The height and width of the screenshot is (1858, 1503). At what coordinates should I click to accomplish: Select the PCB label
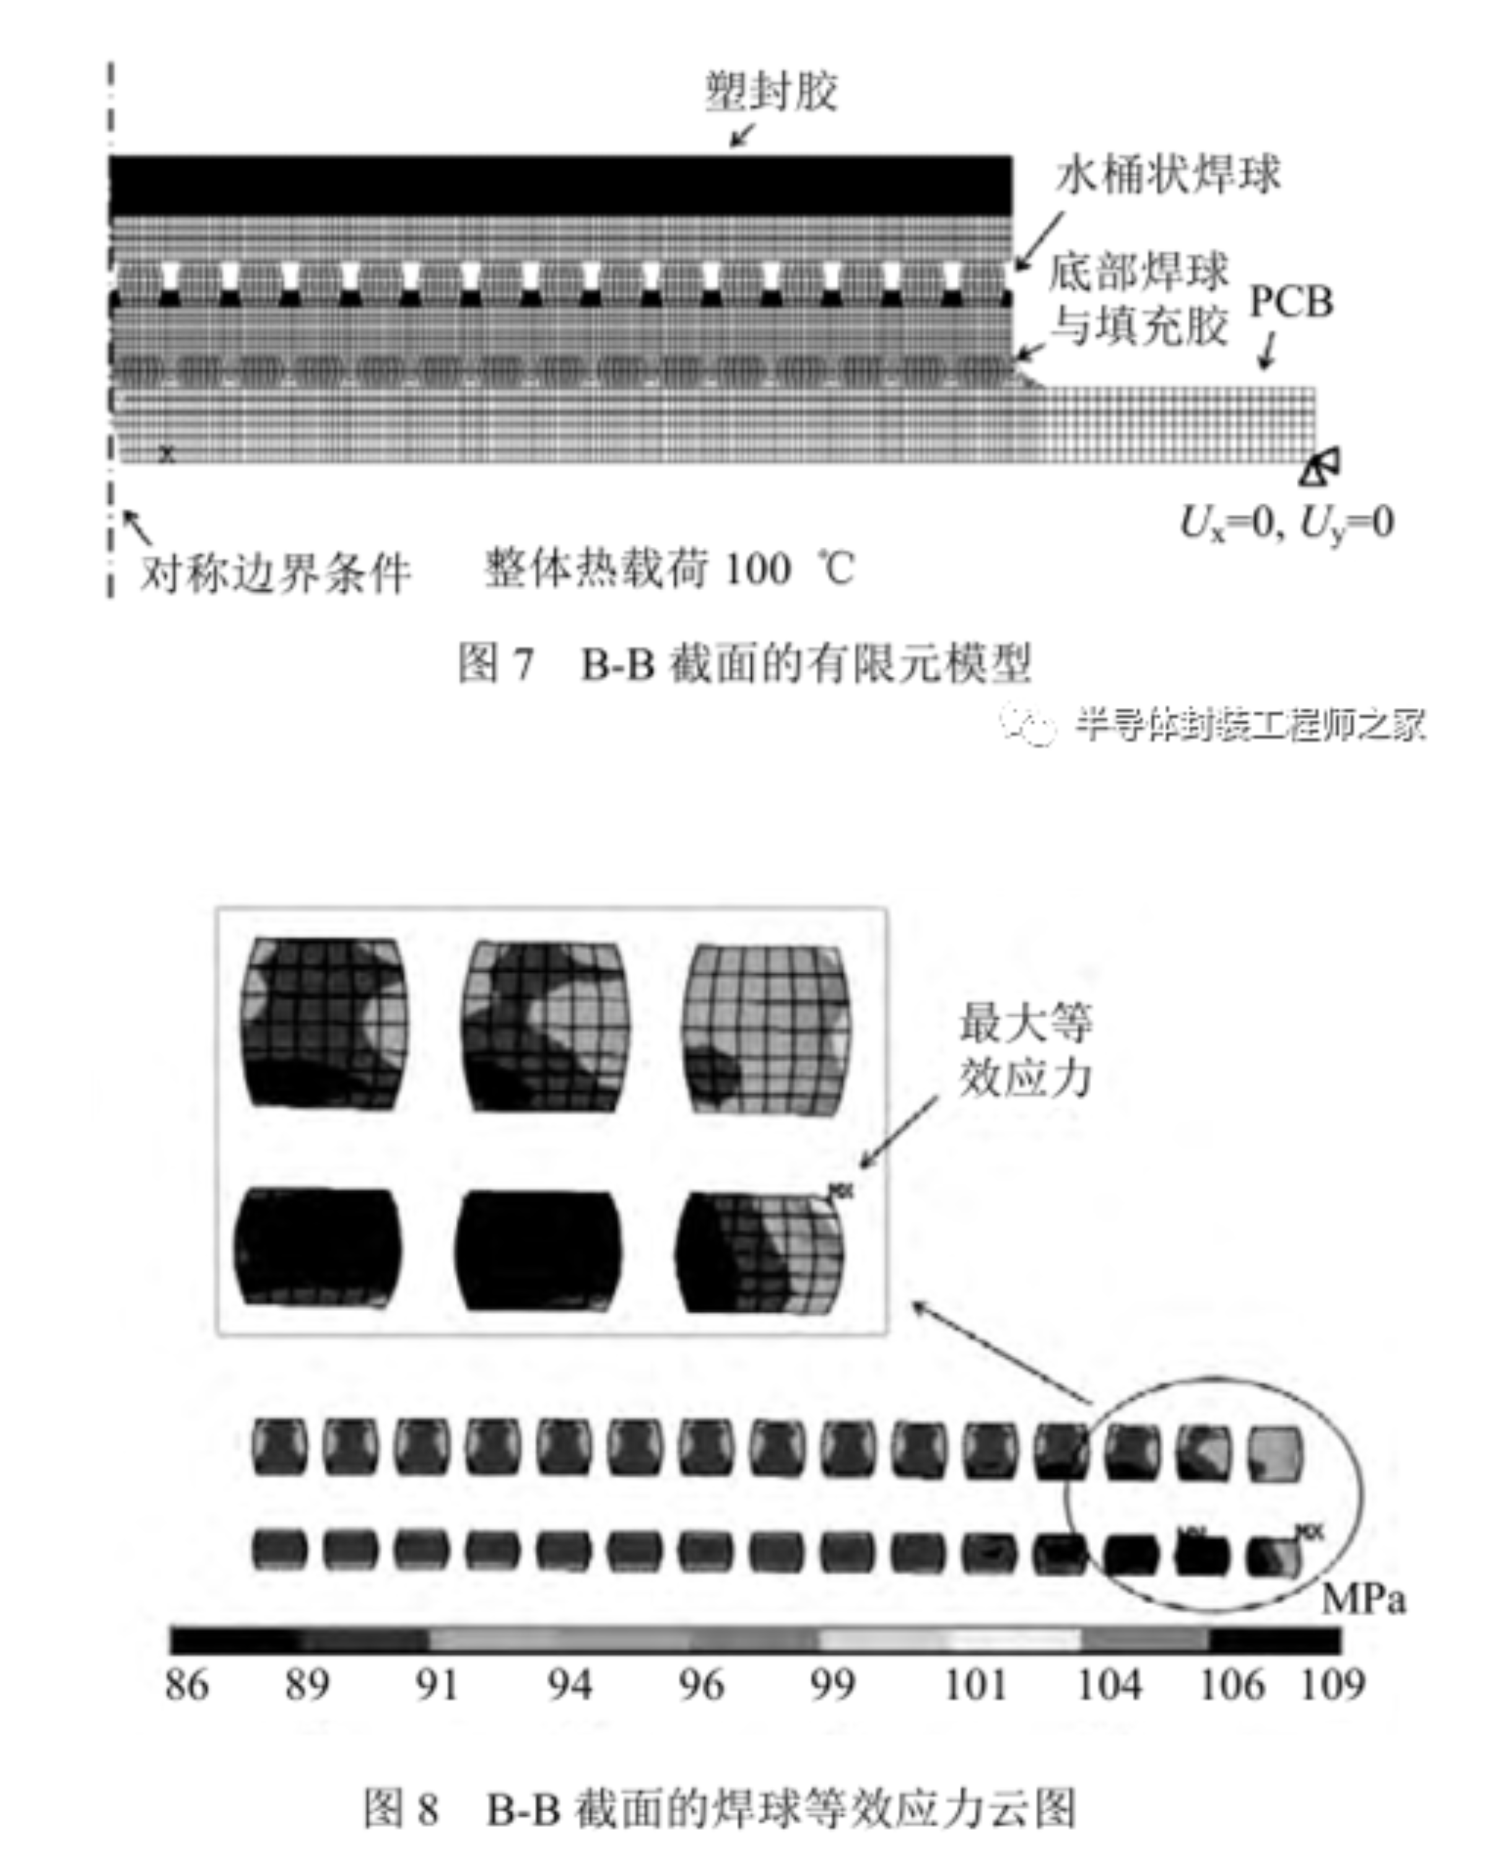pyautogui.click(x=1291, y=302)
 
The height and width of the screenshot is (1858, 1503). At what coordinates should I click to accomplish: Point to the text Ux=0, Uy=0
pyautogui.click(x=1287, y=522)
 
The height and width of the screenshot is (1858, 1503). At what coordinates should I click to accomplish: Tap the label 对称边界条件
pyautogui.click(x=276, y=572)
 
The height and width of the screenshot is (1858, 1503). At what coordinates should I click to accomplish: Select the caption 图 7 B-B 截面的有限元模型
pyautogui.click(x=744, y=665)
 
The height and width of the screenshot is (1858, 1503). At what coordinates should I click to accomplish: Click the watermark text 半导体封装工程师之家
pyautogui.click(x=1249, y=724)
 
